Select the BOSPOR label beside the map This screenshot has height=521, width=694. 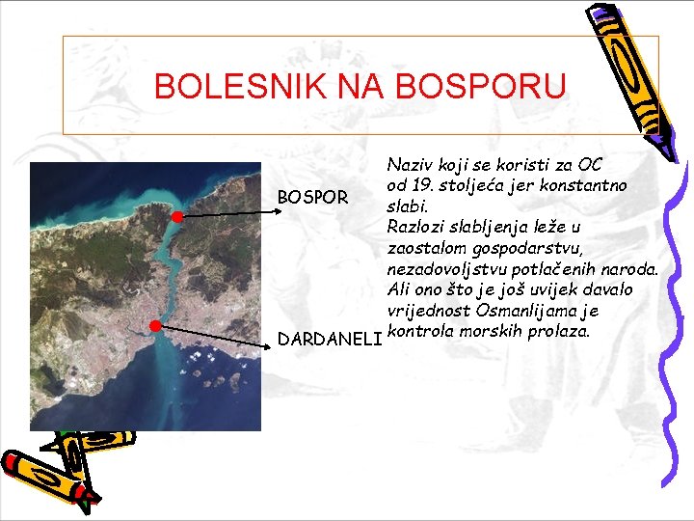(x=312, y=198)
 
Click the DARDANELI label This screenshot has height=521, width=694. (x=329, y=338)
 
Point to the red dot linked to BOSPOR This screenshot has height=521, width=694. (x=177, y=217)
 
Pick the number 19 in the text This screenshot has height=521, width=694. (x=418, y=184)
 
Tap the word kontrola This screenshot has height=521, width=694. (x=415, y=331)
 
